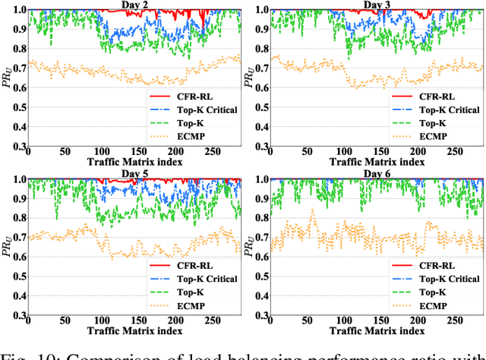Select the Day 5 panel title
(134, 175)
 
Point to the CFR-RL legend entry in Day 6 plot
(435, 267)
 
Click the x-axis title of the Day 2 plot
(134, 163)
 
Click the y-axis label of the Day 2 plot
(7, 76)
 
